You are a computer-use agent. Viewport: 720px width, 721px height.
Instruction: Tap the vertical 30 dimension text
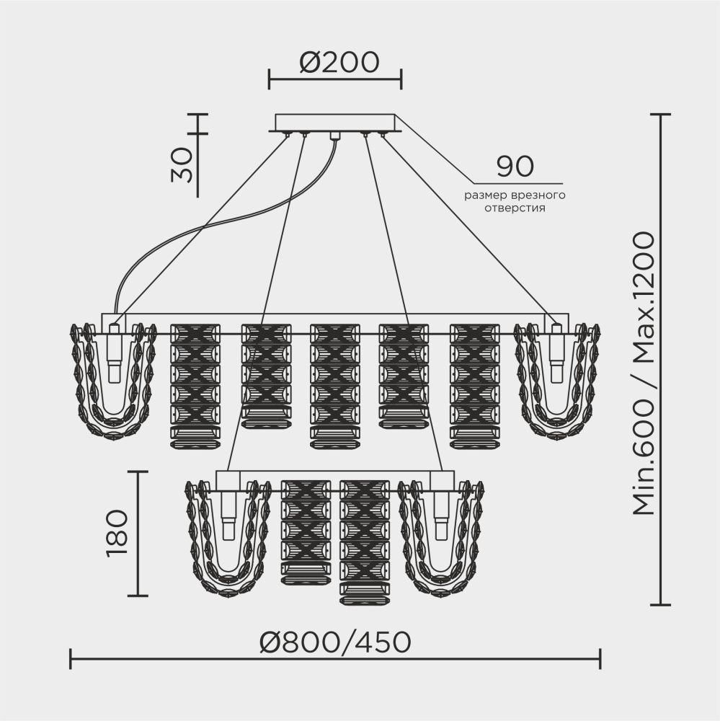(182, 166)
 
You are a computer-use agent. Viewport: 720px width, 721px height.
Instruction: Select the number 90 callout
(515, 167)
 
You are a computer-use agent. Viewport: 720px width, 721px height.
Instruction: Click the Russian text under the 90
(515, 202)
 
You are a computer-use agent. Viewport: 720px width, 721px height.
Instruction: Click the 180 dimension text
(117, 534)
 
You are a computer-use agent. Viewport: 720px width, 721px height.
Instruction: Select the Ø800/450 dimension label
(334, 640)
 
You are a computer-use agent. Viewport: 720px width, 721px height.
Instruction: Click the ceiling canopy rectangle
(335, 122)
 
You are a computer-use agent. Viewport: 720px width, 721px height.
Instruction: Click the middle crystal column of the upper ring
(334, 386)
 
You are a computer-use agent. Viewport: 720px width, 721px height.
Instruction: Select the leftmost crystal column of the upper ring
(195, 386)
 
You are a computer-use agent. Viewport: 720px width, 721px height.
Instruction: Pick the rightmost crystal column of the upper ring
(474, 386)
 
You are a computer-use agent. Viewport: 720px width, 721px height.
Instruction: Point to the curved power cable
(216, 224)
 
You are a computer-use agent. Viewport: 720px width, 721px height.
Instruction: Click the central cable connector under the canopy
(334, 136)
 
